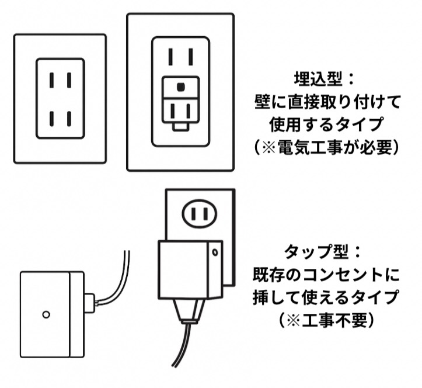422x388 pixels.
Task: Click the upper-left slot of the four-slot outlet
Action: point(51,79)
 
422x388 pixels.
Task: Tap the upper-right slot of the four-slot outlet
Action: point(68,79)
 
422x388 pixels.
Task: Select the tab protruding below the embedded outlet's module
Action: point(181,124)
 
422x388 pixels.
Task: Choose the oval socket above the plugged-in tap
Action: point(199,214)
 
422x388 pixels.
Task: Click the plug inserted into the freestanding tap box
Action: point(89,303)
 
